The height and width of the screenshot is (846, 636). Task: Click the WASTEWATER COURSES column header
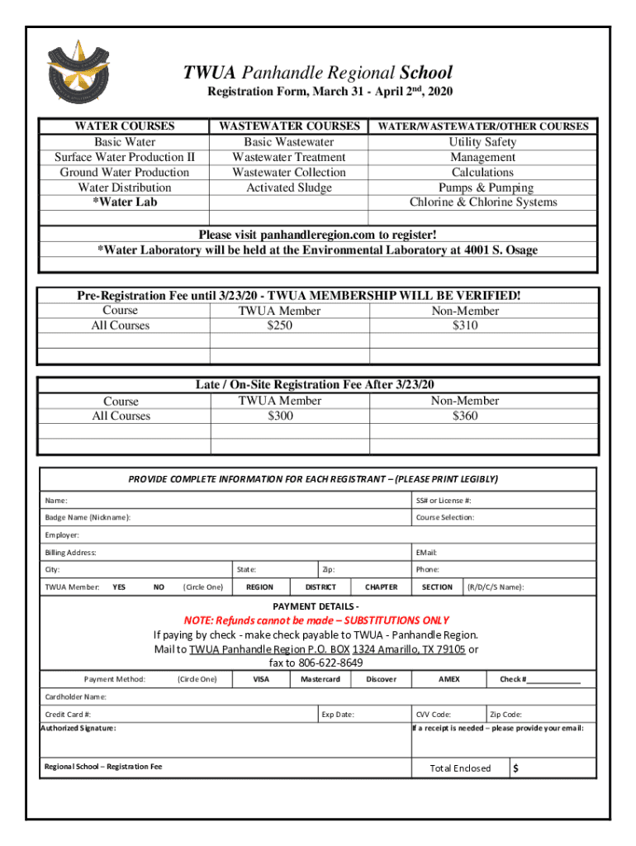(x=288, y=126)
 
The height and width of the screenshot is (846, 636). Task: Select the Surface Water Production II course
(x=125, y=157)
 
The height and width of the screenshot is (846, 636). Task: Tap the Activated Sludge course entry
(x=289, y=188)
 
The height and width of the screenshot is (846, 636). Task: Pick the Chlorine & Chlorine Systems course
(x=483, y=202)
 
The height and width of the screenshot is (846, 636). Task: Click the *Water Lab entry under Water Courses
(x=125, y=202)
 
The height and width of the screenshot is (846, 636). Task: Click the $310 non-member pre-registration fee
(x=465, y=326)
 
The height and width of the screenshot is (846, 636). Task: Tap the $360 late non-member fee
(x=465, y=416)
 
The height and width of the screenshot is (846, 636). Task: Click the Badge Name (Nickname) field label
(x=87, y=517)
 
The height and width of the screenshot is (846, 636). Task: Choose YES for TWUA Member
(x=119, y=587)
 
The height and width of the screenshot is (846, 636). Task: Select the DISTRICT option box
(x=320, y=587)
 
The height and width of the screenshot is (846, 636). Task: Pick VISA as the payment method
(x=261, y=679)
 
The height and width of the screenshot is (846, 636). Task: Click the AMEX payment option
(x=449, y=679)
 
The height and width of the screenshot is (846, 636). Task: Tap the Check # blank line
(x=553, y=681)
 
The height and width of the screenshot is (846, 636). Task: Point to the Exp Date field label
(x=338, y=714)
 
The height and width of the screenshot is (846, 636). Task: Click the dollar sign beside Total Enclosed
(x=515, y=768)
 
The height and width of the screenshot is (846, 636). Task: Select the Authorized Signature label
(x=79, y=728)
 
